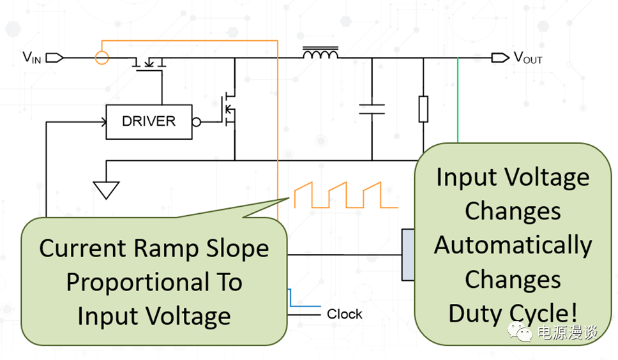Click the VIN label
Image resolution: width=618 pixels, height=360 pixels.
tap(32, 57)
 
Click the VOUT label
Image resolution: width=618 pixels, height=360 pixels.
tap(528, 58)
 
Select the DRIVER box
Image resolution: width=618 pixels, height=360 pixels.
tap(148, 121)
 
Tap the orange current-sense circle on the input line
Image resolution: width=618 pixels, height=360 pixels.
tap(102, 58)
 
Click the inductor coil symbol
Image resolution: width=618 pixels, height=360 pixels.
tap(320, 54)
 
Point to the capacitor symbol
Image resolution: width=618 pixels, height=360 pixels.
tap(372, 107)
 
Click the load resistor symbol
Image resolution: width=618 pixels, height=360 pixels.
tap(423, 109)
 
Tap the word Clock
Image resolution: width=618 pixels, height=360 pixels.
tap(345, 314)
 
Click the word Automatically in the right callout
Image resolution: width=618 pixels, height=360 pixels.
tap(513, 245)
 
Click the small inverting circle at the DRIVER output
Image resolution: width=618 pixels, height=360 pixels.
tap(197, 122)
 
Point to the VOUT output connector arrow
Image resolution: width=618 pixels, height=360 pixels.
tap(500, 58)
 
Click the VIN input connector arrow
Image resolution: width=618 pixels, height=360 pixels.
tap(55, 58)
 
